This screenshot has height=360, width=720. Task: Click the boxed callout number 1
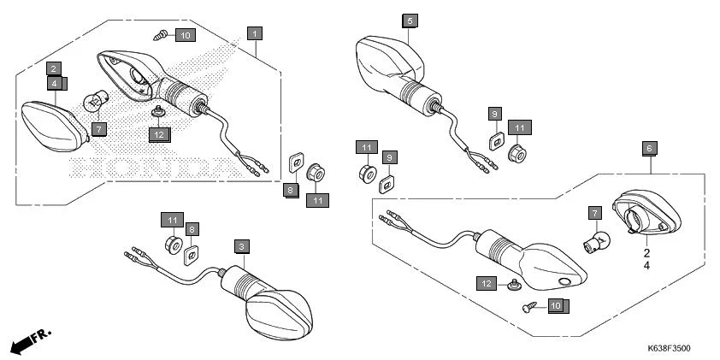254,32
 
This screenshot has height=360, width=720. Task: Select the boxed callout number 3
242,246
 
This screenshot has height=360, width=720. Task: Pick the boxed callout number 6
650,148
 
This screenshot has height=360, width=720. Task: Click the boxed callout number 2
53,68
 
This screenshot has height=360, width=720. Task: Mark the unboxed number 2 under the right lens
646,254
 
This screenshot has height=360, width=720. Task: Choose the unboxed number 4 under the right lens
646,266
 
